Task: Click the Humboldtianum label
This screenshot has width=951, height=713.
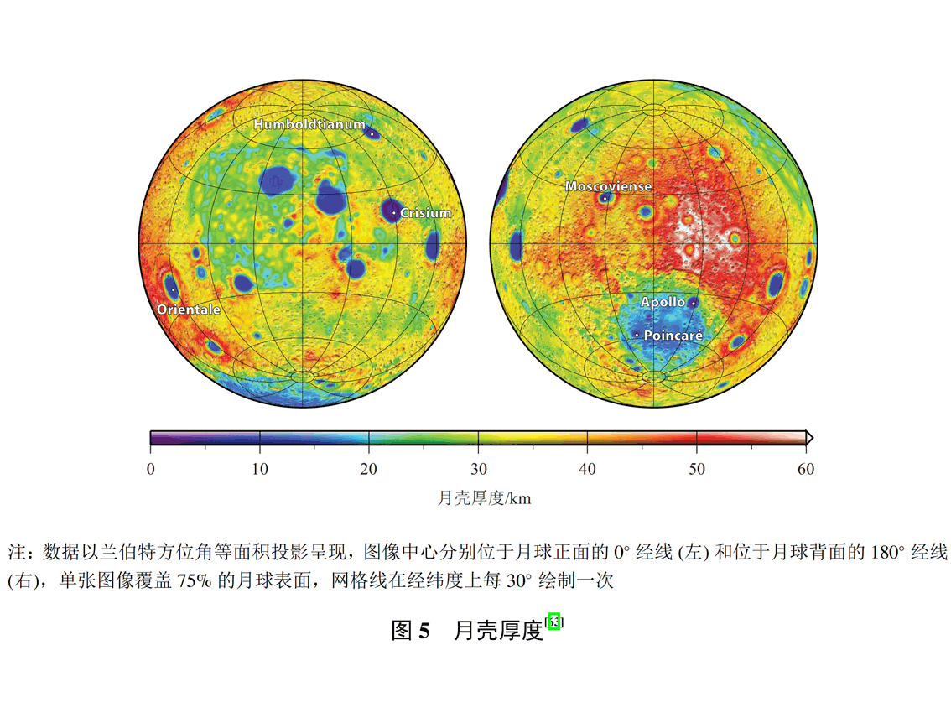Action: tap(309, 125)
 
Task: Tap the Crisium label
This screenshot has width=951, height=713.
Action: tap(425, 213)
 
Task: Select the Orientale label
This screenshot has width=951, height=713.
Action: tap(189, 310)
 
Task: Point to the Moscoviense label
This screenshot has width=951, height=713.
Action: tap(608, 186)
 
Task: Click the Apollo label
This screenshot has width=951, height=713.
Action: tap(663, 302)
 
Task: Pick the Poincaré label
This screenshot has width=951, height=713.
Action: tap(673, 335)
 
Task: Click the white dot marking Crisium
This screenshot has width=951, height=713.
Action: tap(394, 213)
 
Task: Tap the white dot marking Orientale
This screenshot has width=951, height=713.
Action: tap(173, 290)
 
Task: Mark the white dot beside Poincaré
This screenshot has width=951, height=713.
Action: tap(637, 335)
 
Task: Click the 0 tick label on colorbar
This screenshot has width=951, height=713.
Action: tap(151, 470)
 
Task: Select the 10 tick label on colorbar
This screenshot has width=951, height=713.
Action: tap(260, 470)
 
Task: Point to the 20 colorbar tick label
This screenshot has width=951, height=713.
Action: tap(369, 470)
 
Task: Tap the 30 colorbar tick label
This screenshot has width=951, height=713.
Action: tap(478, 470)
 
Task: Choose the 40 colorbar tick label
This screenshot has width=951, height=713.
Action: tap(587, 470)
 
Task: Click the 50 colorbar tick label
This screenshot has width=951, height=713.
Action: tap(696, 470)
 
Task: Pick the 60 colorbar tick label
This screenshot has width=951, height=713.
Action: tap(805, 470)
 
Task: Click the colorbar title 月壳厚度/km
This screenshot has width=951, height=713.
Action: tap(485, 498)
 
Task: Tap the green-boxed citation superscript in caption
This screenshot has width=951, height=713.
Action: tap(553, 622)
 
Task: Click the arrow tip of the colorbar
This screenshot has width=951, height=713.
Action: tap(811, 437)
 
